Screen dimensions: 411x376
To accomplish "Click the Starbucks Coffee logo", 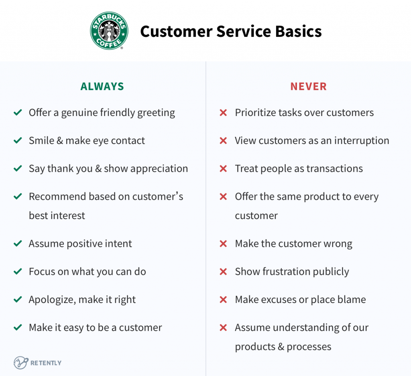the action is click(x=109, y=30).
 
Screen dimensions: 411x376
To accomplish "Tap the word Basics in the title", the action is click(x=298, y=31).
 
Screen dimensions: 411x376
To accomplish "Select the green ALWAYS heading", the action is click(x=102, y=86).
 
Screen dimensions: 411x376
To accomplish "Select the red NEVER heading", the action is click(x=308, y=86).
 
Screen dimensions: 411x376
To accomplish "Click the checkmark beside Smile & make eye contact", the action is click(x=18, y=140).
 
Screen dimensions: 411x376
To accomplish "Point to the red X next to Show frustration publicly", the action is click(x=223, y=271).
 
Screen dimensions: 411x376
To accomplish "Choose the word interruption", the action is click(x=362, y=141).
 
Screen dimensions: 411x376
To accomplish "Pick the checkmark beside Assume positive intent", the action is click(x=18, y=244).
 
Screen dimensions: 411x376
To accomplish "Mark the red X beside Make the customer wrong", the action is click(x=223, y=244).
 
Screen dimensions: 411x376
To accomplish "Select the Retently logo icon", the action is click(x=21, y=363).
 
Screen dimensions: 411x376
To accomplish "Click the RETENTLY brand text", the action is click(x=46, y=363).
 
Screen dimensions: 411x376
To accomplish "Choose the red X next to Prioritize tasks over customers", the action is click(x=223, y=113).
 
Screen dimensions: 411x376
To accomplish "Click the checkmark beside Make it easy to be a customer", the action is click(x=18, y=327).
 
